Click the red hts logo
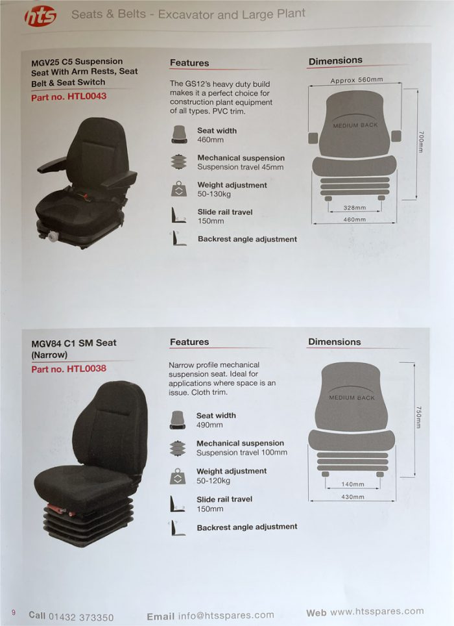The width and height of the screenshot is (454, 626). pyautogui.click(x=40, y=16)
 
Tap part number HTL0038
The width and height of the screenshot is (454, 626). pyautogui.click(x=68, y=369)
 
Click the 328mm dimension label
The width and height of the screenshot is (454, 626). pyautogui.click(x=355, y=208)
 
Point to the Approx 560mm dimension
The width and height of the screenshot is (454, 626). pyautogui.click(x=356, y=81)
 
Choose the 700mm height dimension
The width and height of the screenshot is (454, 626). pyautogui.click(x=421, y=142)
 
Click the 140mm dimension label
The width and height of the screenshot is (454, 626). pyautogui.click(x=352, y=484)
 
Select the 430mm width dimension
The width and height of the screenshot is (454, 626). pyautogui.click(x=352, y=497)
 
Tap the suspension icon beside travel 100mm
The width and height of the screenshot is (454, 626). pyautogui.click(x=177, y=448)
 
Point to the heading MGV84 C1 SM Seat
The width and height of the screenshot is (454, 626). pyautogui.click(x=74, y=343)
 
